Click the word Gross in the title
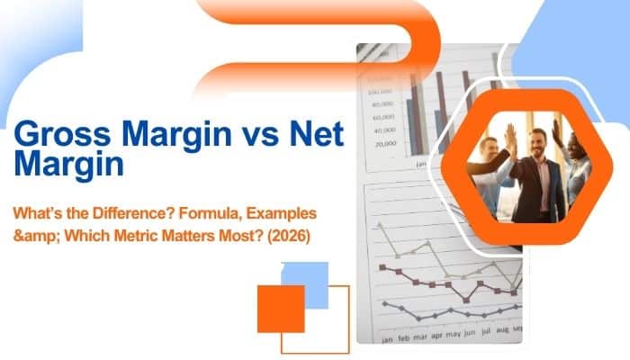62,134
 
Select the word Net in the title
317,133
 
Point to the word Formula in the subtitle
217,213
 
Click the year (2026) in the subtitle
289,236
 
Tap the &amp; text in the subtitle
37,236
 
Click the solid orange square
281,309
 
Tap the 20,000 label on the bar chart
385,143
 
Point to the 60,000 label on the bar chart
383,117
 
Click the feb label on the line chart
403,338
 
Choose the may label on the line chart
454,334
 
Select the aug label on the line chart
502,330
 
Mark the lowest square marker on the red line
466,300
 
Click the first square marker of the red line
382,267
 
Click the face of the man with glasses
489,148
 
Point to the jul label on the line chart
486,332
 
